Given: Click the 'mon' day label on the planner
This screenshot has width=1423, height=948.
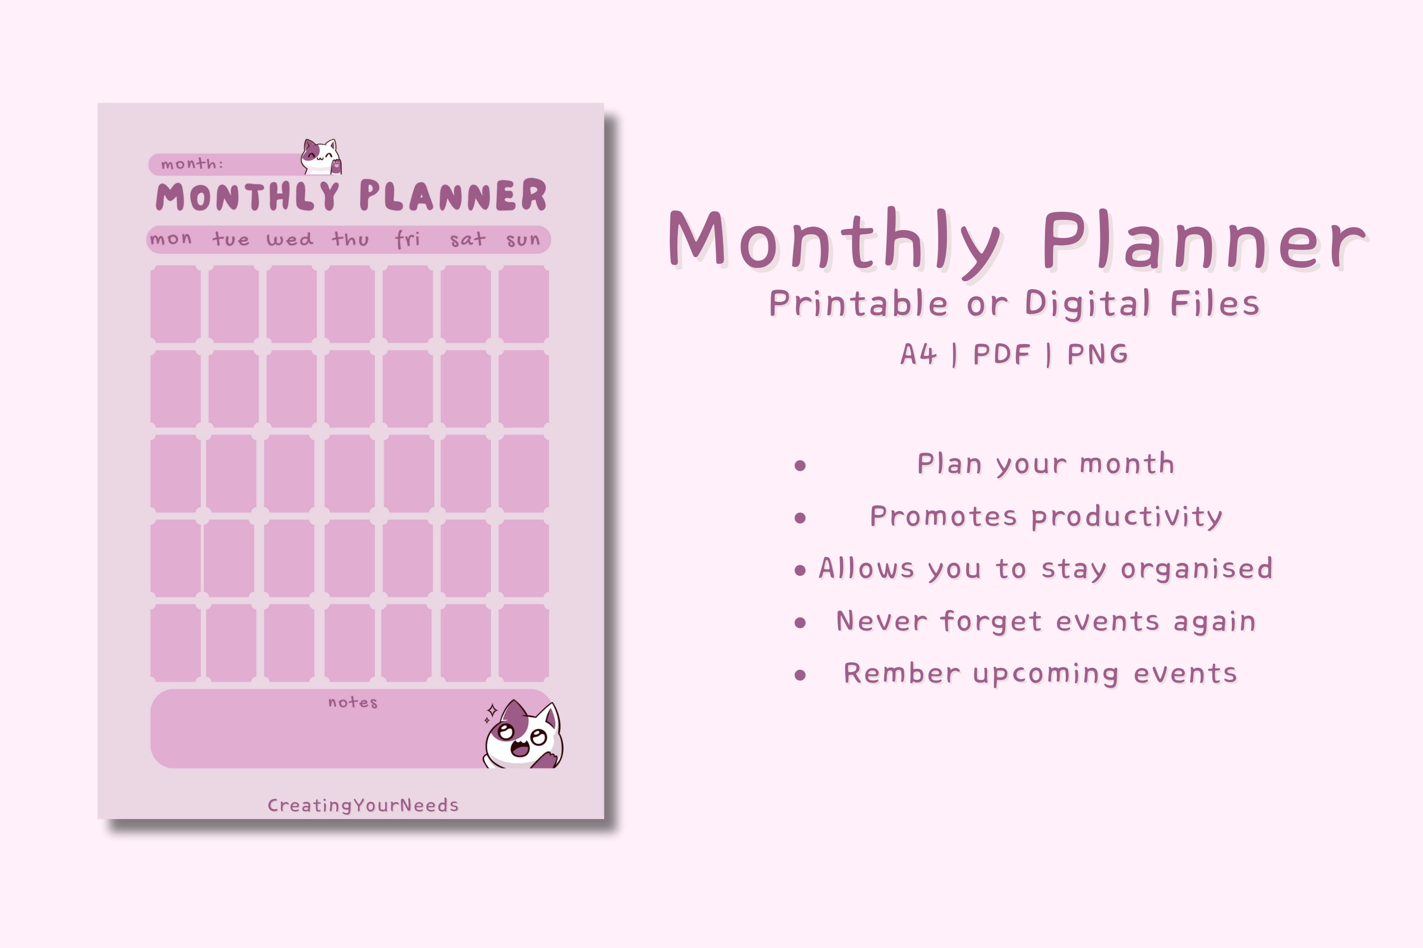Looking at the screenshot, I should click(171, 239).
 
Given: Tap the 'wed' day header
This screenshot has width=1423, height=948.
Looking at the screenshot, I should click(290, 239).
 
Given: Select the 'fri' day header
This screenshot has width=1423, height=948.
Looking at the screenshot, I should click(407, 239).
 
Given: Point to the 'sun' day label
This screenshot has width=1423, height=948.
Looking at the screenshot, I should click(523, 240).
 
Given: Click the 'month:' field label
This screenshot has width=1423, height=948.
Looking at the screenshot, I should click(192, 164).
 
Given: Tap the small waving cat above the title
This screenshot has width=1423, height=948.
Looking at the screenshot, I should click(321, 157).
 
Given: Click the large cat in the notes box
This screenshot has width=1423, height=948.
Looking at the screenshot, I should click(523, 736).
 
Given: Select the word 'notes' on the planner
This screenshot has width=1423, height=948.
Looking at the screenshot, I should click(353, 702).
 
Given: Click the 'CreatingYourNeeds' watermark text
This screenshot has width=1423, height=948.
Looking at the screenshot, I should click(363, 805).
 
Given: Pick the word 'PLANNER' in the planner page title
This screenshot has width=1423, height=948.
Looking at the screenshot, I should click(453, 196).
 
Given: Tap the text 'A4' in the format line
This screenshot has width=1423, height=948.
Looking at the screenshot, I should click(918, 354).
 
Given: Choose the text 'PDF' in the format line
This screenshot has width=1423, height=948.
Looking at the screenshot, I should click(1001, 354).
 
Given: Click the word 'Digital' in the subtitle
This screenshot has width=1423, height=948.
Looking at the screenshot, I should click(1087, 303).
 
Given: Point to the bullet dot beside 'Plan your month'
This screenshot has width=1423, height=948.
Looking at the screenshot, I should click(800, 465).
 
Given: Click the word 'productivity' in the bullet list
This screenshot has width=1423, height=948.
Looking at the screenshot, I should click(1127, 517).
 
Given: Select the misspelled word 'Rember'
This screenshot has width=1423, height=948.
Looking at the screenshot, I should click(902, 674).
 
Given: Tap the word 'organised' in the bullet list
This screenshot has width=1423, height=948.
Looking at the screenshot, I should click(1197, 569).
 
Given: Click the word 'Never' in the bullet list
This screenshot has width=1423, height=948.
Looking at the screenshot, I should click(881, 621).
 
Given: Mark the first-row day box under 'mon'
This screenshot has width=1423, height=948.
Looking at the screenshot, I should click(176, 304).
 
